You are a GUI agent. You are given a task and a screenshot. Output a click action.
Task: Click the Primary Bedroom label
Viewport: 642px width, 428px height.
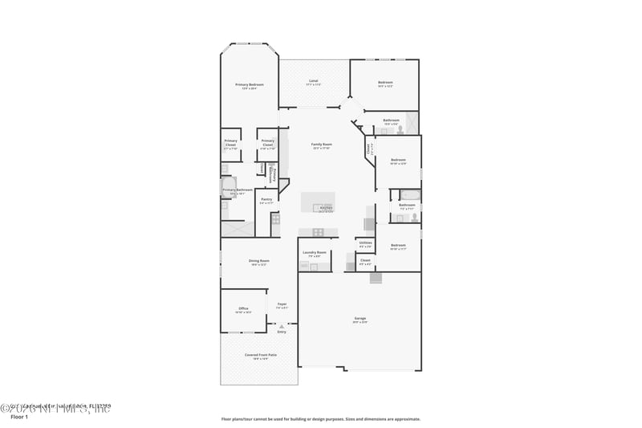pos(250,84)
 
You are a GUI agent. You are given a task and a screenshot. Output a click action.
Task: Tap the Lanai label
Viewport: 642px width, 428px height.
pos(313,81)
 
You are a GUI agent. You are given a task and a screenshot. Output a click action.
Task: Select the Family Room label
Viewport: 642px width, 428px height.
pos(322,145)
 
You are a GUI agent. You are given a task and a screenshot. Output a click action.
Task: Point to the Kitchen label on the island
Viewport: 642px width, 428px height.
pos(327,208)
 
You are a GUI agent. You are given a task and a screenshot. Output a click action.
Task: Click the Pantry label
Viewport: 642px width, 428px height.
pos(266,199)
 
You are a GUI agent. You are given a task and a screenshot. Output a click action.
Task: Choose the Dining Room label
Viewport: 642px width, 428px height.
pos(258,261)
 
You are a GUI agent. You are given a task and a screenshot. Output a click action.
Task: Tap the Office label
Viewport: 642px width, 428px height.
pos(243,308)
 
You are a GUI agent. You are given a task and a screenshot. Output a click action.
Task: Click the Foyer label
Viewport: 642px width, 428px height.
pos(282,304)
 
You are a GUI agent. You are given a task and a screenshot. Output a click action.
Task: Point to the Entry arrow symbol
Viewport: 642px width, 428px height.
pos(282,326)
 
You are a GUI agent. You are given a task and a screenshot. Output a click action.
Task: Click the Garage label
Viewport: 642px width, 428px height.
pos(360,319)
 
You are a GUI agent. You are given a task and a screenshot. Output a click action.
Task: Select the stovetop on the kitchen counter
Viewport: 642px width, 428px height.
pos(319,232)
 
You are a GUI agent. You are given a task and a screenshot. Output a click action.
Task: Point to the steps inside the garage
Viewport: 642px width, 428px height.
pos(376,278)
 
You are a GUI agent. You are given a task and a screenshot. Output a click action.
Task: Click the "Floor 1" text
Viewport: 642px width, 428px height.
pos(18,417)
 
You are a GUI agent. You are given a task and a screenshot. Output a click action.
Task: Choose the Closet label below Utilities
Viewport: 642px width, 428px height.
pos(365,260)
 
